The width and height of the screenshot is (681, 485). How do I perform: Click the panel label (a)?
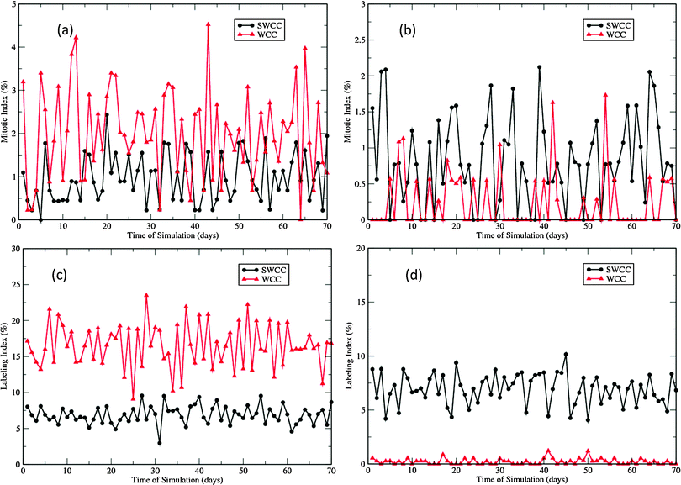pyautogui.click(x=68, y=30)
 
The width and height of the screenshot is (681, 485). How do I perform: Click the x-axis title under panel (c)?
pyautogui.click(x=176, y=479)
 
